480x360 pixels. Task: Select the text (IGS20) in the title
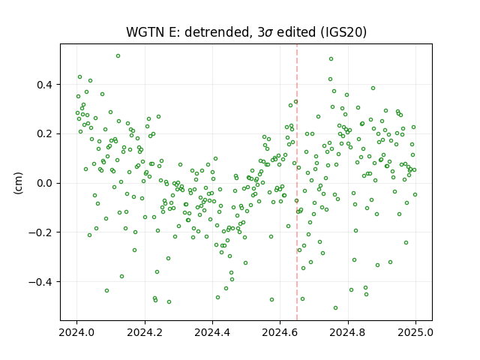point(343,32)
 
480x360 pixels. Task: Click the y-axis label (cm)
point(18,183)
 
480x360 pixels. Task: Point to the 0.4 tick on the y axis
point(44,85)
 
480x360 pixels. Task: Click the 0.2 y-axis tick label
point(44,134)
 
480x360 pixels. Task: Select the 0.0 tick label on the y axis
point(44,183)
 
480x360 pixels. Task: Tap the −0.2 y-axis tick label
point(40,232)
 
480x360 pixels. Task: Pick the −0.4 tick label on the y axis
point(40,282)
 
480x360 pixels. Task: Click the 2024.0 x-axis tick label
point(76,332)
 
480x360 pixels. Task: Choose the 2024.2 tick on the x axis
point(145,332)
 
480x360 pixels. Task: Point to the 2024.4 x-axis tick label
point(212,332)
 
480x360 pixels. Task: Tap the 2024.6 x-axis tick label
point(280,332)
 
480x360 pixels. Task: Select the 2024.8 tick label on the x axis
point(348,332)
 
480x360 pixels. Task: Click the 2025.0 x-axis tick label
point(415,332)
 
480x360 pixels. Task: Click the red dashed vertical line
point(297,182)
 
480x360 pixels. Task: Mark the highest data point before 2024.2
point(118,56)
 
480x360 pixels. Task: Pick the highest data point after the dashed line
point(331,59)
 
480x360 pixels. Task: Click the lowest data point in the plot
point(335,308)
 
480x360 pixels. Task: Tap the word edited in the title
point(296,32)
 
